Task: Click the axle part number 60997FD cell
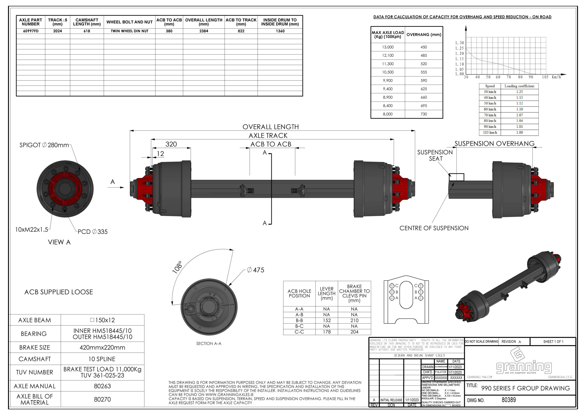[x=31, y=31]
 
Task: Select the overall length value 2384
[x=204, y=31]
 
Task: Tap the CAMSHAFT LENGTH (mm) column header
[x=87, y=22]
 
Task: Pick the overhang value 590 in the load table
[x=424, y=81]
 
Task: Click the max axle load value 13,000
[x=388, y=47]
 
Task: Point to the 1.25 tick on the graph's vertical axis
[x=459, y=48]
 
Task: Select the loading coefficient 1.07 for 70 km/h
[x=519, y=115]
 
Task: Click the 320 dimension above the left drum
[x=171, y=144]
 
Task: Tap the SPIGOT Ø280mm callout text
[x=44, y=145]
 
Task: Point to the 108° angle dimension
[x=177, y=267]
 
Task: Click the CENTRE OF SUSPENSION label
[x=434, y=228]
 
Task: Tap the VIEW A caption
[x=59, y=242]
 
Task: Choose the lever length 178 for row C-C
[x=327, y=332]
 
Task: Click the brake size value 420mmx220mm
[x=102, y=347]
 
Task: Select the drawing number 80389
[x=509, y=400]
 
